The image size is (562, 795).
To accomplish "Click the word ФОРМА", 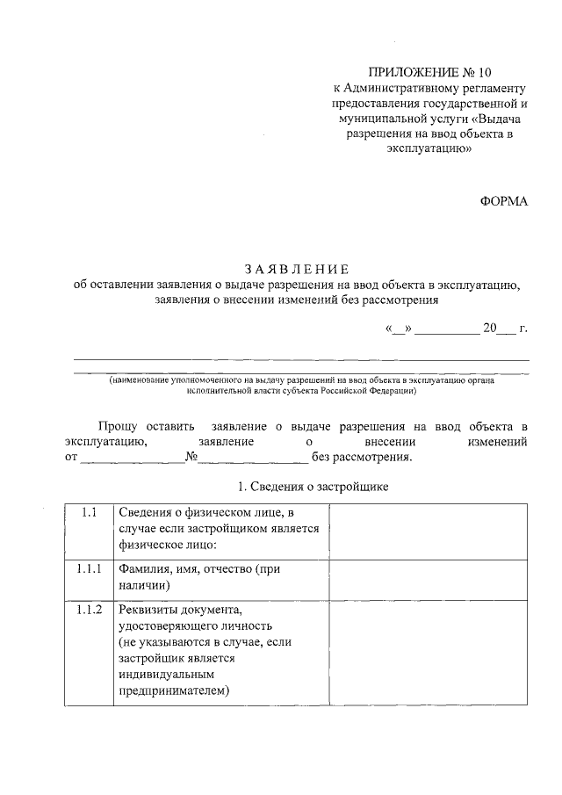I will [x=504, y=201].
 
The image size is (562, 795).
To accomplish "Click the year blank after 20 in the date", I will [x=506, y=331].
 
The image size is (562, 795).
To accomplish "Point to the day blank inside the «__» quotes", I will [x=398, y=331].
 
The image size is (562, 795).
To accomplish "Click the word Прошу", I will [x=118, y=426].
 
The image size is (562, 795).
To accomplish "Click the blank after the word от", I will [x=132, y=459].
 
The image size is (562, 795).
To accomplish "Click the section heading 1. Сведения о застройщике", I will [x=313, y=487].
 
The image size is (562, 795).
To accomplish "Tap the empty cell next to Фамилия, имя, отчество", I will [x=429, y=578].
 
